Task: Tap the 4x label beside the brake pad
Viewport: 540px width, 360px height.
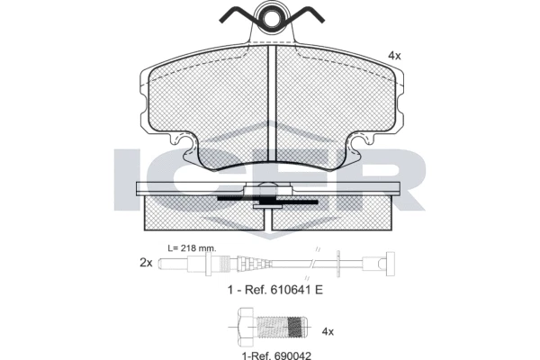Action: pyautogui.click(x=393, y=55)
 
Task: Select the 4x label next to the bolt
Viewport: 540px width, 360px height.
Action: pyautogui.click(x=328, y=331)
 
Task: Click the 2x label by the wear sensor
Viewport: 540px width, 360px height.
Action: pyautogui.click(x=146, y=263)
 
